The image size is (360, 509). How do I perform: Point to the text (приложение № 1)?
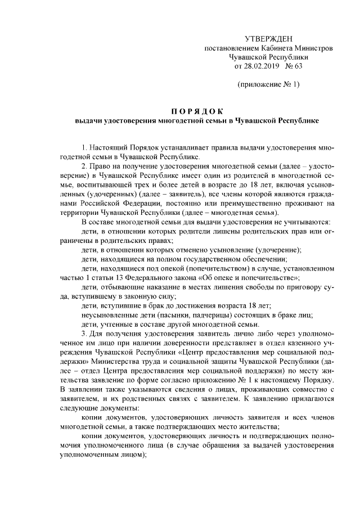coord(268,85)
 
